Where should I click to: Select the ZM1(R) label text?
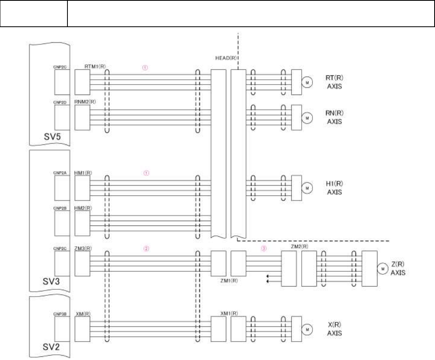tap(229, 281)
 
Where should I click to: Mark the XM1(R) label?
tap(229, 313)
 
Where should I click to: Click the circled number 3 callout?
tap(263, 248)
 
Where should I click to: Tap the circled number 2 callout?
tap(146, 248)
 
